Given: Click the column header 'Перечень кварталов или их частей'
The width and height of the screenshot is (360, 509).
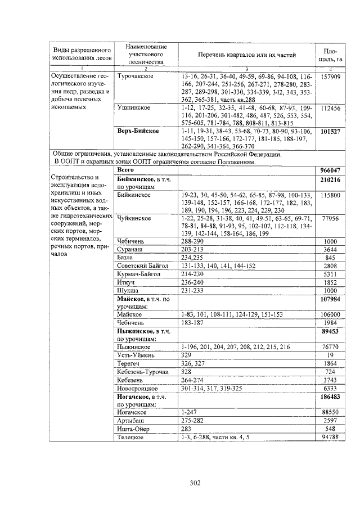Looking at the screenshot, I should [247, 55].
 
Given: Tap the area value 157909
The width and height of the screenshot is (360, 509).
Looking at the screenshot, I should [330, 76].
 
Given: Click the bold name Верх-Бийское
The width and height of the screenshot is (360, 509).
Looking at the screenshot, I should [138, 131].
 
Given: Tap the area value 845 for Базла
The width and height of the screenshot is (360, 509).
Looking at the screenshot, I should [332, 257].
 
